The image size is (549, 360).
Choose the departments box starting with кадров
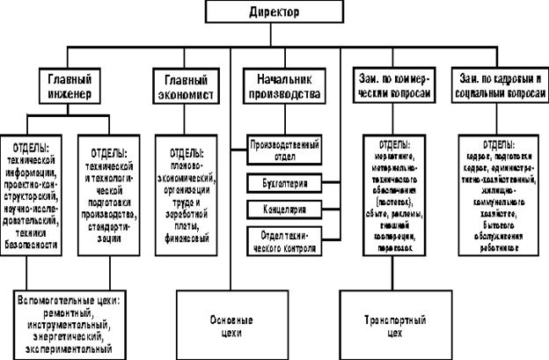(x=499, y=195)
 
